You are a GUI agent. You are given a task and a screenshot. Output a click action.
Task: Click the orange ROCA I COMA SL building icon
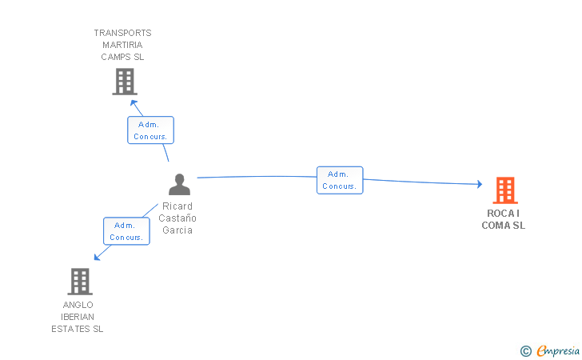click(505, 190)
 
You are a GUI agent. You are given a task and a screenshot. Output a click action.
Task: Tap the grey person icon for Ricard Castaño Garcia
click(179, 184)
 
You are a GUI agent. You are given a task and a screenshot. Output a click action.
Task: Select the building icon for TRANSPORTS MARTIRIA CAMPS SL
click(125, 82)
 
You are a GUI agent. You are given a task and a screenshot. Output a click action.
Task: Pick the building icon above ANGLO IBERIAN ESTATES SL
click(80, 282)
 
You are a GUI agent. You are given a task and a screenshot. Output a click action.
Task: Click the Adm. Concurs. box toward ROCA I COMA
click(340, 180)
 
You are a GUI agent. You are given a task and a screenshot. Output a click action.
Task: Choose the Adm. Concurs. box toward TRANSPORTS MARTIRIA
click(150, 130)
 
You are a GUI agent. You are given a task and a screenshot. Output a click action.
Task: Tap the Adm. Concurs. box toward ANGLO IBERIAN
click(126, 231)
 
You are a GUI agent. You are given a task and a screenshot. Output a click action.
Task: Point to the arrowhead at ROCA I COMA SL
click(480, 184)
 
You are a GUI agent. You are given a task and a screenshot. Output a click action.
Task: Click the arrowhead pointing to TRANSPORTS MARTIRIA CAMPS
click(134, 103)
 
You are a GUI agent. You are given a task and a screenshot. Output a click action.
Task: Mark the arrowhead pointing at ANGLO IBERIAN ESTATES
click(98, 257)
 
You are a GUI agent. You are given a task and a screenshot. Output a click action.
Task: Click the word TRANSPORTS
click(122, 33)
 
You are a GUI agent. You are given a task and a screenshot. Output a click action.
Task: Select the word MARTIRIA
click(122, 45)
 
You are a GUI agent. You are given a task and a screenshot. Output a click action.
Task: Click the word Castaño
click(177, 218)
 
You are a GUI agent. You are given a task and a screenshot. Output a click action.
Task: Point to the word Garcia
click(177, 230)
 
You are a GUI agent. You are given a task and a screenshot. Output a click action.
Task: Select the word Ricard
click(177, 206)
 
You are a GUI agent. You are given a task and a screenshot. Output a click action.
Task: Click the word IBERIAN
click(78, 317)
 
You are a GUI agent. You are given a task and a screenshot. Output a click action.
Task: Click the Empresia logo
click(550, 350)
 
